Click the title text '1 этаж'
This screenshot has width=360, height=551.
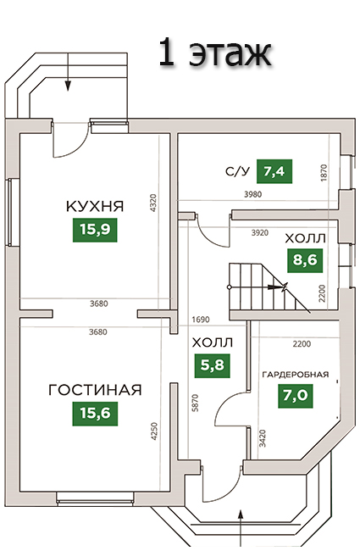pyautogui.click(x=215, y=53)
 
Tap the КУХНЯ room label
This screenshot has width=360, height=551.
pyautogui.click(x=95, y=206)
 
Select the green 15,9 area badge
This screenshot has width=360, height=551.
pyautogui.click(x=95, y=230)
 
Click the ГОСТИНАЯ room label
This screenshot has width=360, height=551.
pyautogui.click(x=95, y=390)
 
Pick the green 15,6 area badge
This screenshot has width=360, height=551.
pyautogui.click(x=95, y=414)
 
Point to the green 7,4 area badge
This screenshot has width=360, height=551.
pyautogui.click(x=274, y=171)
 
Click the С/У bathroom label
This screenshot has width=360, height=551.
pyautogui.click(x=237, y=171)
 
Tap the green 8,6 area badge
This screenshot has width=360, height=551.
pyautogui.click(x=305, y=261)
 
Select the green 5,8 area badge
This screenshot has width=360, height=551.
pyautogui.click(x=212, y=365)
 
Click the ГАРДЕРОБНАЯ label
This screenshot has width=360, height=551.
pyautogui.click(x=296, y=374)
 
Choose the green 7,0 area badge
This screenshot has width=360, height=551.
pyautogui.click(x=296, y=396)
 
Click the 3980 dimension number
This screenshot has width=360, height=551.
pyautogui.click(x=253, y=194)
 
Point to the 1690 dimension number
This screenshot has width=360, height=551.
pyautogui.click(x=201, y=320)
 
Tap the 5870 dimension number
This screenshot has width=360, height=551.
pyautogui.click(x=196, y=403)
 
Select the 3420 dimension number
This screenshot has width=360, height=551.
pyautogui.click(x=263, y=438)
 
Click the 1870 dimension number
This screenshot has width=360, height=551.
pyautogui.click(x=324, y=173)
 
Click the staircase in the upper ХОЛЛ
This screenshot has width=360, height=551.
pyautogui.click(x=269, y=287)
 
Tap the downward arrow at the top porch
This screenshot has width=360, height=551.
pyautogui.click(x=68, y=72)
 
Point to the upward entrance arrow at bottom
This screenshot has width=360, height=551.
pyautogui.click(x=241, y=530)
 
